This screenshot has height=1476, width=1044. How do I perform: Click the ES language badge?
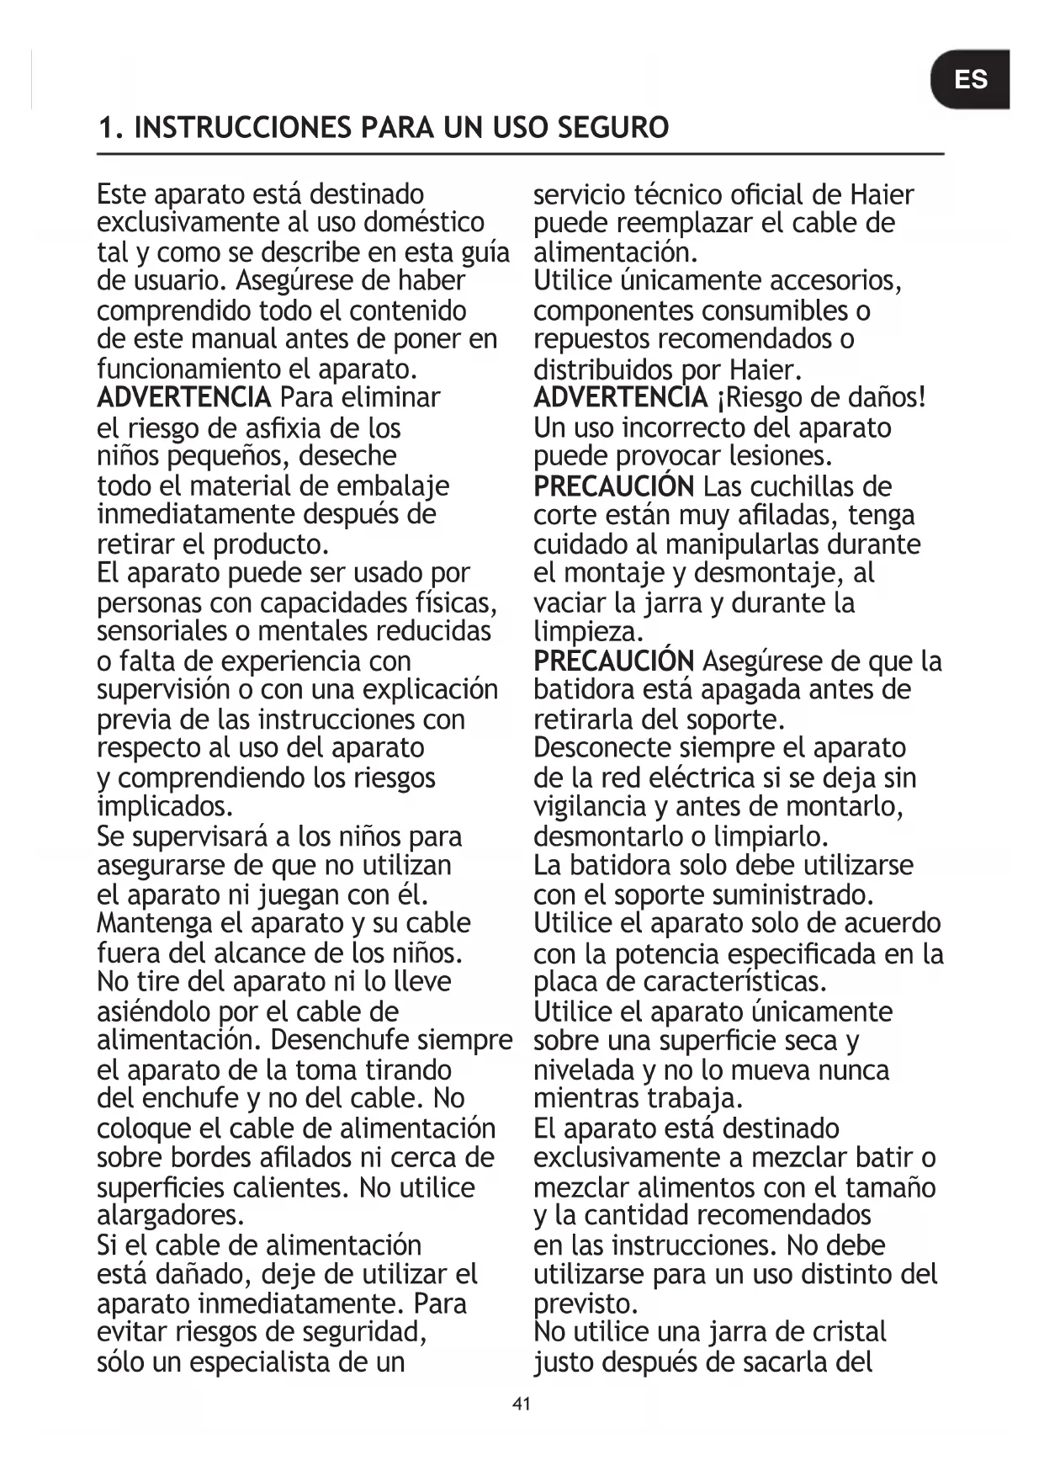(x=970, y=80)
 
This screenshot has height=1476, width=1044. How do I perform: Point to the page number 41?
(x=522, y=1404)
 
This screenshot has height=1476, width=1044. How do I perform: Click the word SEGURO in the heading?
(x=612, y=128)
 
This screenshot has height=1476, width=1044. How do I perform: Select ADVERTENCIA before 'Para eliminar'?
(x=183, y=397)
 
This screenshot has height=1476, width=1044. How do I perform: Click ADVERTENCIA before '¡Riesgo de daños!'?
(x=620, y=397)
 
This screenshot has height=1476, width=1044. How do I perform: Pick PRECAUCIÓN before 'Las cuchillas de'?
(x=613, y=486)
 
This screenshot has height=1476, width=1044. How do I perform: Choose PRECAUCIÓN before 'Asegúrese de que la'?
(x=613, y=661)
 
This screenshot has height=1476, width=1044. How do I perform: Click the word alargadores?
(x=170, y=1215)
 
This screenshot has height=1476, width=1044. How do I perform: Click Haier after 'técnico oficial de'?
(x=881, y=195)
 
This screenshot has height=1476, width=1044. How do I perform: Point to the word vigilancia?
(x=586, y=807)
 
